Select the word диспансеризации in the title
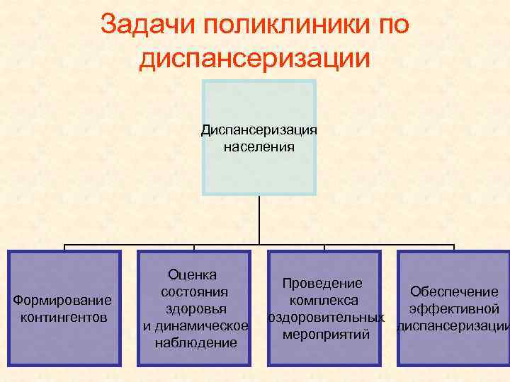point(255,59)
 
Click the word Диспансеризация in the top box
point(259,130)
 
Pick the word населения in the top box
point(259,147)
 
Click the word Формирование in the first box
point(63,301)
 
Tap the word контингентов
point(64,316)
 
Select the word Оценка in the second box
point(193,274)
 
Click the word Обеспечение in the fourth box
point(454,291)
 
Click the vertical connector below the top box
point(259,220)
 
